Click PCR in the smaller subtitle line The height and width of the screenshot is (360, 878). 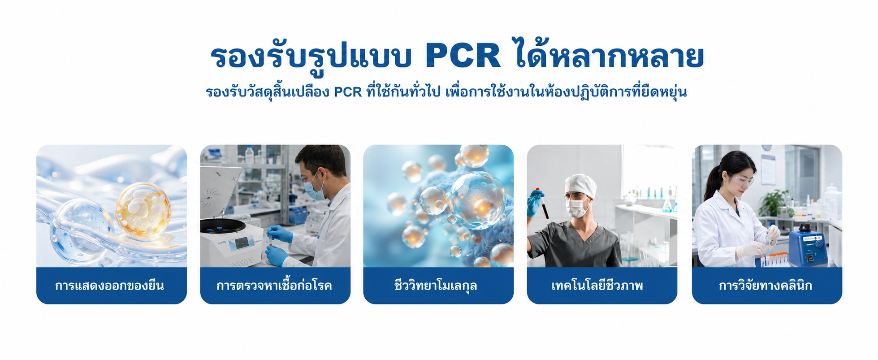click(x=348, y=92)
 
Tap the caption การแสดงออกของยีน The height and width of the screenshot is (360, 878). click(x=110, y=286)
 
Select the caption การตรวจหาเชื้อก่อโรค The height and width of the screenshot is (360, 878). click(x=274, y=285)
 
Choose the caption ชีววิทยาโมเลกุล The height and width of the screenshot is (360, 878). click(x=436, y=286)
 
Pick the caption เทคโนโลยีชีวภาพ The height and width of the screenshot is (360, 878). click(x=597, y=286)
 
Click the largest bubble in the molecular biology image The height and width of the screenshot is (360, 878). click(x=478, y=200)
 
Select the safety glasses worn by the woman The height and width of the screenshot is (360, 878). click(x=742, y=179)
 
